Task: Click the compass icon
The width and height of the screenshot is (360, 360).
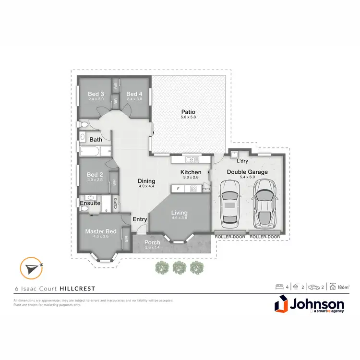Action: click(30, 268)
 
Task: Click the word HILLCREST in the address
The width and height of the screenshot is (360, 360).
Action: click(77, 288)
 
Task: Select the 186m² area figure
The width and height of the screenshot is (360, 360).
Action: click(343, 287)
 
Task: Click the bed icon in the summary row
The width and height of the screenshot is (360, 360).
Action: click(278, 287)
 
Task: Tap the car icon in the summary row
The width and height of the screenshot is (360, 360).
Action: click(314, 287)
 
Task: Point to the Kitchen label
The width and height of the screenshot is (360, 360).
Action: click(191, 172)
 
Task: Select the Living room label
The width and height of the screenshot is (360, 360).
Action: click(180, 213)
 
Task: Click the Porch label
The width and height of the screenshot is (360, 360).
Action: click(152, 242)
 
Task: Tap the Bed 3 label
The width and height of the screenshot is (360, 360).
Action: click(96, 94)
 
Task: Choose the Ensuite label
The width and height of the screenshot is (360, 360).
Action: click(90, 203)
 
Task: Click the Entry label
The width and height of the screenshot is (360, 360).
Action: click(140, 219)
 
